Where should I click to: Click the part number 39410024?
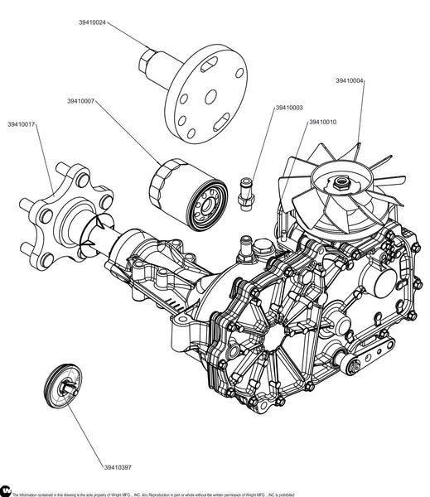click(92, 22)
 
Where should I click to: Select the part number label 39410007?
click(81, 101)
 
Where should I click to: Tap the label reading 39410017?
click(22, 124)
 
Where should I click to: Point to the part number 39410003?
click(289, 108)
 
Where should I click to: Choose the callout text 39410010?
click(323, 122)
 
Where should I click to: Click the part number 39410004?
click(350, 80)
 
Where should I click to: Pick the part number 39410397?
click(118, 467)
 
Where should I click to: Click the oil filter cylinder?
click(188, 195)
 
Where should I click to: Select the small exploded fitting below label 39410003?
click(246, 195)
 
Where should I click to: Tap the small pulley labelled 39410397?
click(63, 386)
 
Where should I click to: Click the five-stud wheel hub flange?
click(66, 216)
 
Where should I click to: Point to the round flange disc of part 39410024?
click(206, 94)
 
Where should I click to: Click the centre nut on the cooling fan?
click(341, 183)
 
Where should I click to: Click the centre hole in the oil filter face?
click(207, 206)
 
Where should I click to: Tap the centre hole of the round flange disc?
click(211, 97)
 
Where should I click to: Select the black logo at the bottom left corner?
click(6, 490)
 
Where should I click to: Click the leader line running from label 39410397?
click(85, 428)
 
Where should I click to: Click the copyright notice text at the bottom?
click(153, 495)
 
